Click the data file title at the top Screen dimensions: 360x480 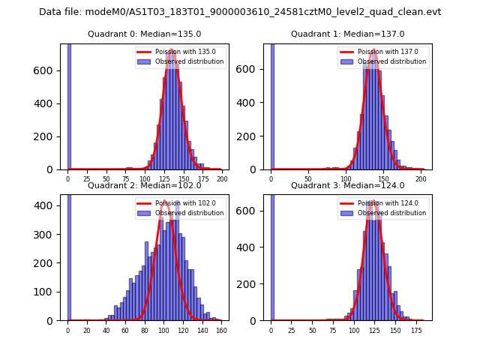pos(240,12)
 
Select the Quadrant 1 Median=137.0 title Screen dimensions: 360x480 pos(347,34)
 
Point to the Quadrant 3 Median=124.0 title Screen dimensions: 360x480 pos(347,185)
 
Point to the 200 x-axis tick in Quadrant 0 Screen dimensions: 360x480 pos(222,179)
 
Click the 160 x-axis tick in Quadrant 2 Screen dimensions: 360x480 pos(221,330)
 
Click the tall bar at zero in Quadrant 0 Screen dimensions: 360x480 pos(68,105)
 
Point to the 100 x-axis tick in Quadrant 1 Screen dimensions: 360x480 pos(346,179)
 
